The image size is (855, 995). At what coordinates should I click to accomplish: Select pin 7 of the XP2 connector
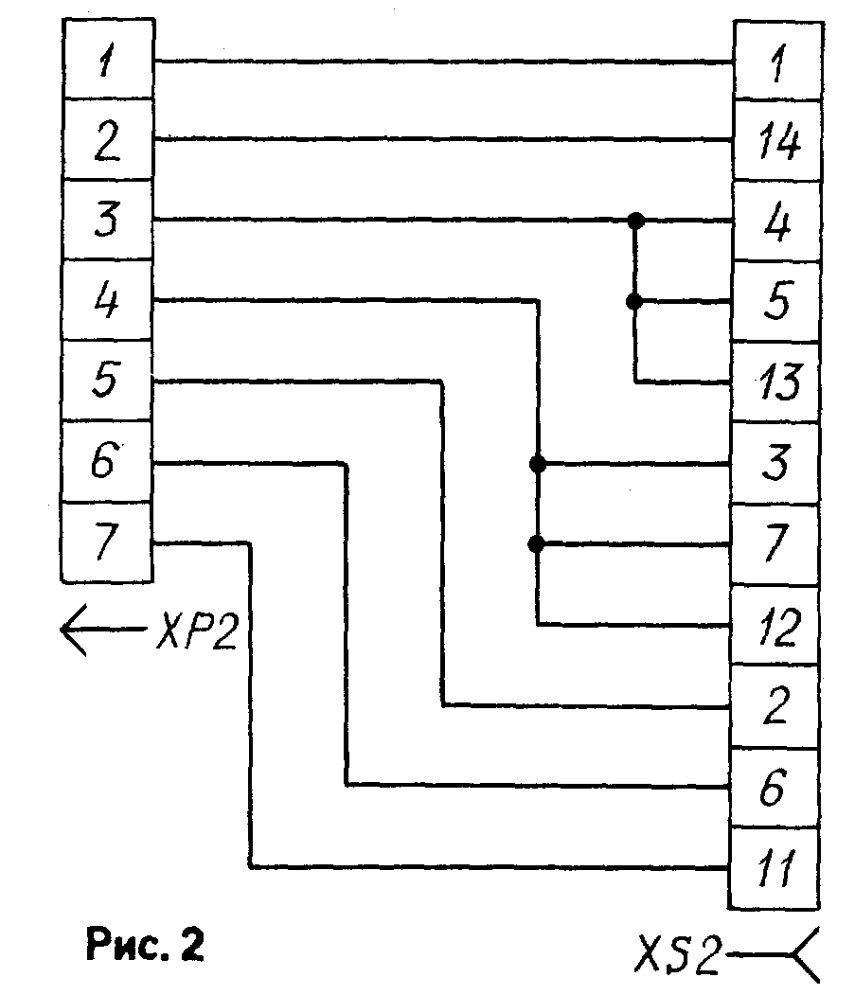click(x=106, y=543)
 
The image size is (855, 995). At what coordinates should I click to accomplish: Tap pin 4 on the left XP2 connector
click(x=106, y=302)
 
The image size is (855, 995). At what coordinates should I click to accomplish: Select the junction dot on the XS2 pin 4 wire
click(x=635, y=221)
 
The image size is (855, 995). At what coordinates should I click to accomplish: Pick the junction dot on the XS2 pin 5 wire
click(x=635, y=302)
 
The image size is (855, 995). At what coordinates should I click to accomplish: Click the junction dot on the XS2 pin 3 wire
click(x=538, y=464)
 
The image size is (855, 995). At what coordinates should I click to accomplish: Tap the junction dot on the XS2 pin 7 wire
click(x=538, y=544)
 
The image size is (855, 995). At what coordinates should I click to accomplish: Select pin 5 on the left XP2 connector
click(x=106, y=382)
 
